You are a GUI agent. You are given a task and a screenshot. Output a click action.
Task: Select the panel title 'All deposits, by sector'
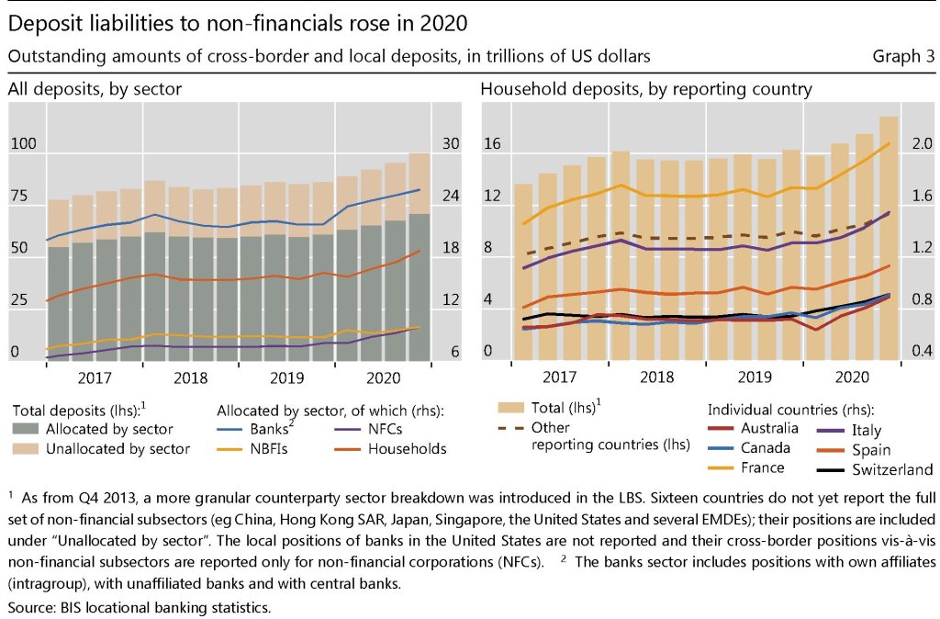95,90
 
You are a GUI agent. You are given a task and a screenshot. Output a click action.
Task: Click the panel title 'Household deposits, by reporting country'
646,90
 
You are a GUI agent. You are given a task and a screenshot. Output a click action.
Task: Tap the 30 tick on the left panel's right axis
452,144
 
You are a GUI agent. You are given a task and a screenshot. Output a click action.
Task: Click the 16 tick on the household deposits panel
493,144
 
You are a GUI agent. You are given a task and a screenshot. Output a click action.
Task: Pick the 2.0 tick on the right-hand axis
919,144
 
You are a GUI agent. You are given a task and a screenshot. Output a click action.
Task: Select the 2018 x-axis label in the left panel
190,377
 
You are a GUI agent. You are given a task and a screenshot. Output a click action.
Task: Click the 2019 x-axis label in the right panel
754,377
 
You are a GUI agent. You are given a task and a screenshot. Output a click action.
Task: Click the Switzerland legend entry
888,469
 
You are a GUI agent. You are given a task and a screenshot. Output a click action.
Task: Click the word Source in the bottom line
31,608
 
